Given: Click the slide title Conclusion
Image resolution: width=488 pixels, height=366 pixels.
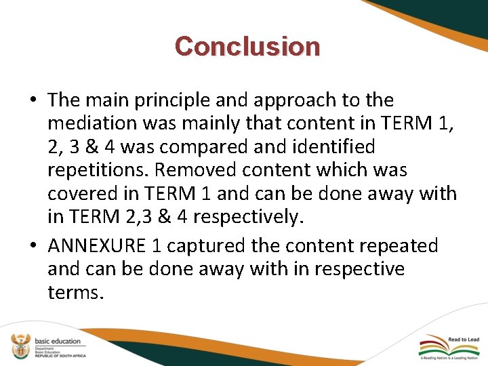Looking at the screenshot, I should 247,47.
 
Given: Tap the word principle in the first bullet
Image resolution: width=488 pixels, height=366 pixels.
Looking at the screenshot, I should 167,100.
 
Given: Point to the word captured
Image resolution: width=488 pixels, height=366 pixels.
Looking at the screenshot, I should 216,245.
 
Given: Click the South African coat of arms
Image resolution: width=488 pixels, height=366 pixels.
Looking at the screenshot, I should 20,346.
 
